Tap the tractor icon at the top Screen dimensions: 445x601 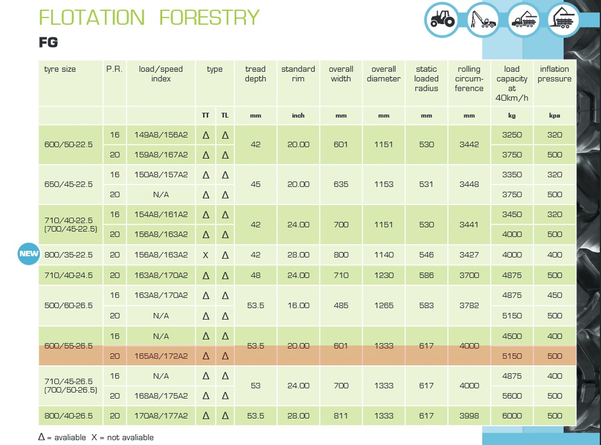(x=442, y=21)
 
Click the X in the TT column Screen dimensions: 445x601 (x=206, y=254)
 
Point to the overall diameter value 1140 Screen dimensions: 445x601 (x=383, y=254)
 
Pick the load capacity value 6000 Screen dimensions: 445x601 (x=512, y=415)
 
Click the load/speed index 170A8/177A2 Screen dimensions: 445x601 (x=161, y=415)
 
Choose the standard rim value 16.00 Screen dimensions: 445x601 (x=298, y=305)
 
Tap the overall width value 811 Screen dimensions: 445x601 (x=341, y=415)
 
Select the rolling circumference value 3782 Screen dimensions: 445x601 (x=469, y=305)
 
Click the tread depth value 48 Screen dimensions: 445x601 (x=255, y=275)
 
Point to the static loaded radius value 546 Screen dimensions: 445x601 (x=426, y=254)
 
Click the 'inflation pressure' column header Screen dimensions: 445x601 (x=554, y=74)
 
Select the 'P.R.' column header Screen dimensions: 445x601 (x=115, y=69)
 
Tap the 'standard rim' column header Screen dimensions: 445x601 (x=298, y=74)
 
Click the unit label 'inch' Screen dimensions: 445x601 (x=298, y=116)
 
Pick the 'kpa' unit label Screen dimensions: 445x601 (x=554, y=116)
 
